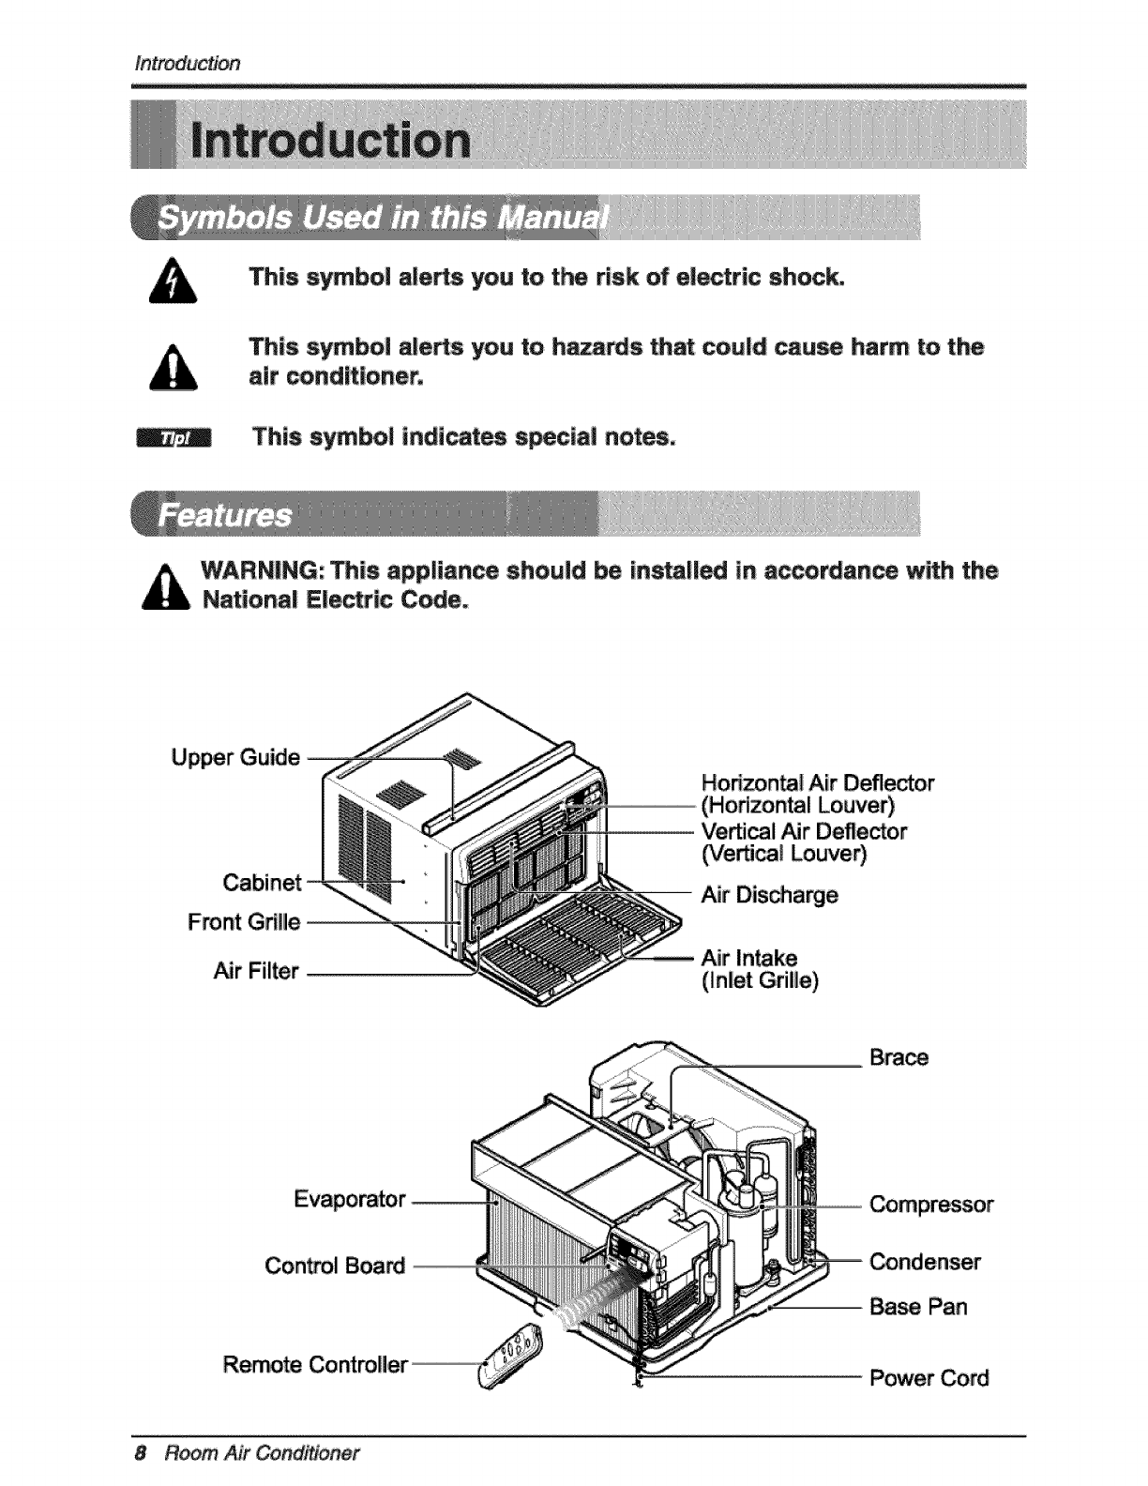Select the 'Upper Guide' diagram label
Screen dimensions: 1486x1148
click(x=235, y=757)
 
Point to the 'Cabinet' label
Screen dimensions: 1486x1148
click(x=263, y=882)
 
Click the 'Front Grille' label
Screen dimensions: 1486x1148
click(x=244, y=922)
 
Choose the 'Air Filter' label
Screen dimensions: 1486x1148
click(x=256, y=971)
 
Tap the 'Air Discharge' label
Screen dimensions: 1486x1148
click(x=769, y=894)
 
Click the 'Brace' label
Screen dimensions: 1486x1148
click(x=899, y=1057)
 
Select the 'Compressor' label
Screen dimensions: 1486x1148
click(x=930, y=1204)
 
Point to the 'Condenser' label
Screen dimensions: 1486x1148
click(x=925, y=1262)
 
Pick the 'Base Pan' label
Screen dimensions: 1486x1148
click(x=918, y=1307)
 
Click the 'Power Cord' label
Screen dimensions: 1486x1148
click(x=929, y=1378)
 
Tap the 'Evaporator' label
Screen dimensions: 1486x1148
click(x=349, y=1199)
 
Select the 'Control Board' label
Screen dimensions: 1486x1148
click(x=335, y=1266)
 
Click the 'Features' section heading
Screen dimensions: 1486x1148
click(x=225, y=516)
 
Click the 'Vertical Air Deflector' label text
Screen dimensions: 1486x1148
click(x=804, y=831)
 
